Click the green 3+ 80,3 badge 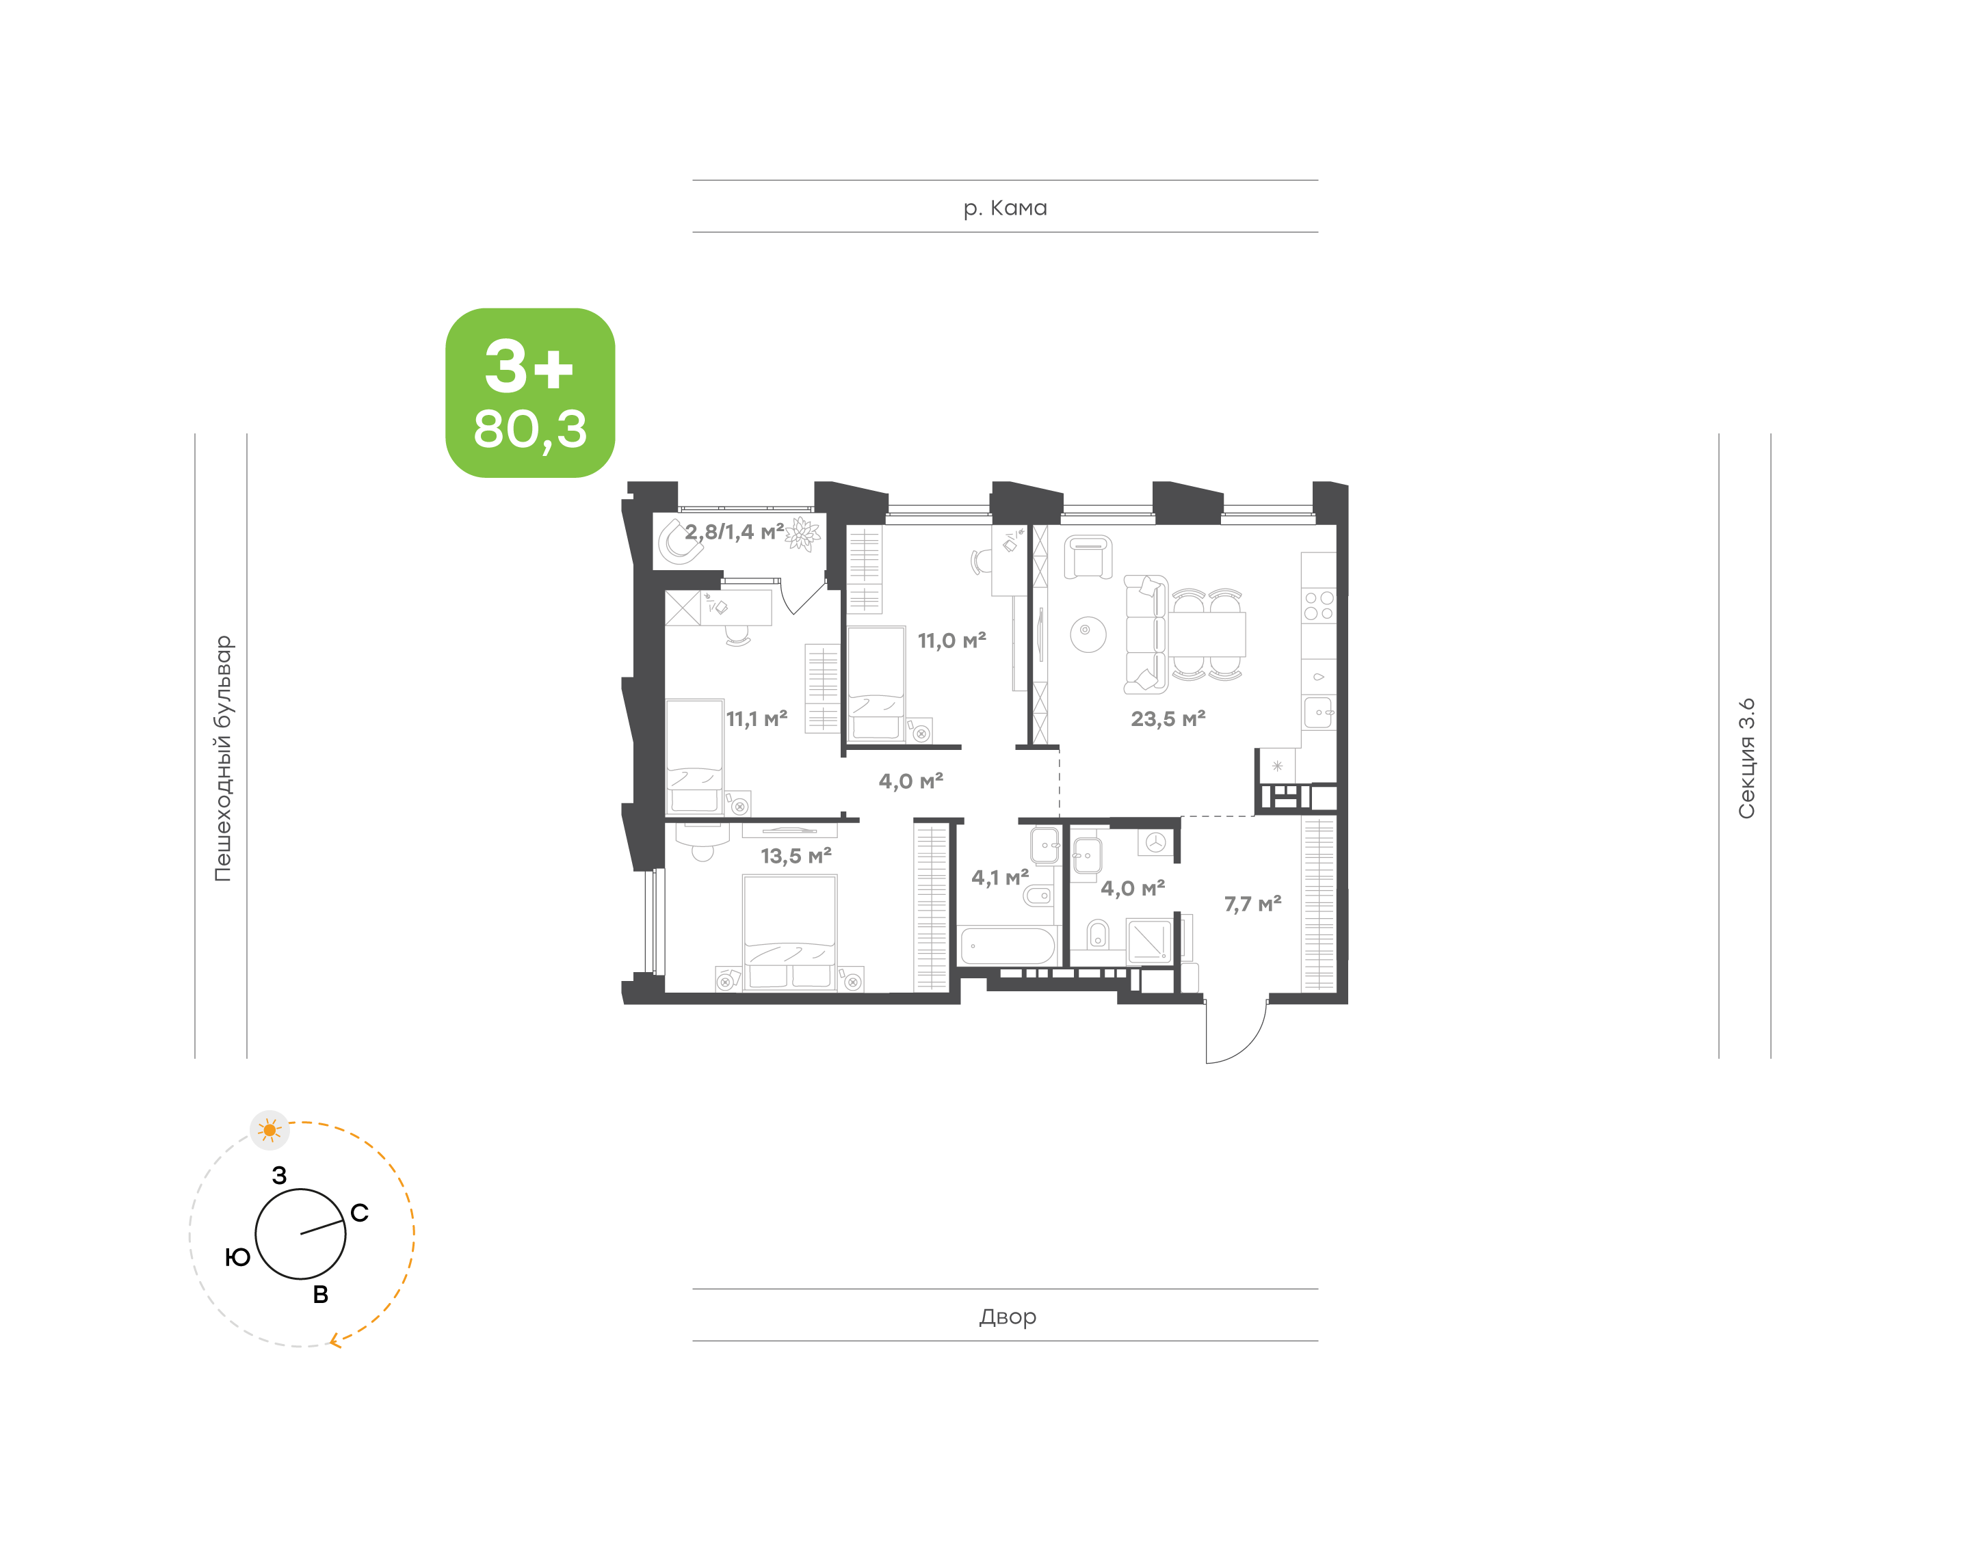point(529,392)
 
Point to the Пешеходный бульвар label point(222,758)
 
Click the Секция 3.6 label point(1746,758)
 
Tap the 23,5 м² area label point(1168,718)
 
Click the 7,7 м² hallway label point(1252,904)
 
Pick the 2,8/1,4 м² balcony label point(734,532)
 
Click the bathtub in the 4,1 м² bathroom point(1007,946)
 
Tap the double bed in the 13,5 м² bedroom point(790,932)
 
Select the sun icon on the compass point(269,1130)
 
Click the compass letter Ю point(237,1257)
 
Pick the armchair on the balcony point(680,541)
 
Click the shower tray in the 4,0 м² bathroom point(1149,941)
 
